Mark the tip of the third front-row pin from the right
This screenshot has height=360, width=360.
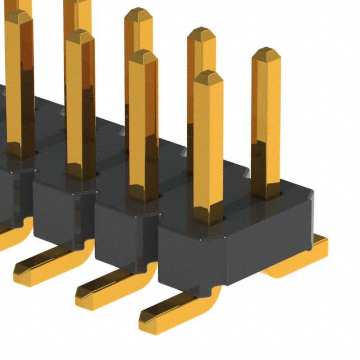pyautogui.click(x=79, y=35)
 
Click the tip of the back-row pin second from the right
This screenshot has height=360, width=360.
pyautogui.click(x=201, y=33)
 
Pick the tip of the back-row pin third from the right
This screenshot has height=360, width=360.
pyautogui.click(x=138, y=13)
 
